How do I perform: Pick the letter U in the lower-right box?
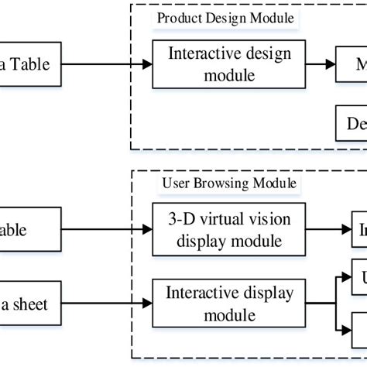[361, 276]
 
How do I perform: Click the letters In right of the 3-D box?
[361, 229]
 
